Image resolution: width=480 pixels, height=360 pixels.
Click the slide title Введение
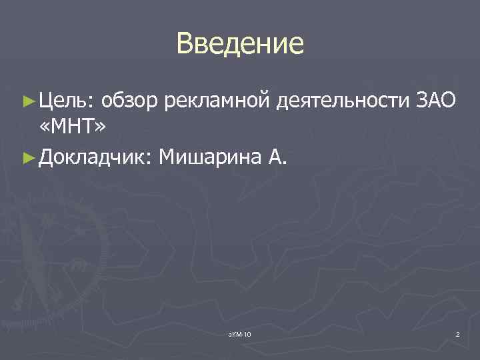(x=240, y=44)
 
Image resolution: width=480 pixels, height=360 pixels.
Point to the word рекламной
(x=218, y=101)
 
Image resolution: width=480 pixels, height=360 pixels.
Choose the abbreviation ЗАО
(x=435, y=101)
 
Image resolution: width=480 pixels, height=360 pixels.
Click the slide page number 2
(x=457, y=333)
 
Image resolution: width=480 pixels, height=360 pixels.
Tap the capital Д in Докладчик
(x=47, y=158)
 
